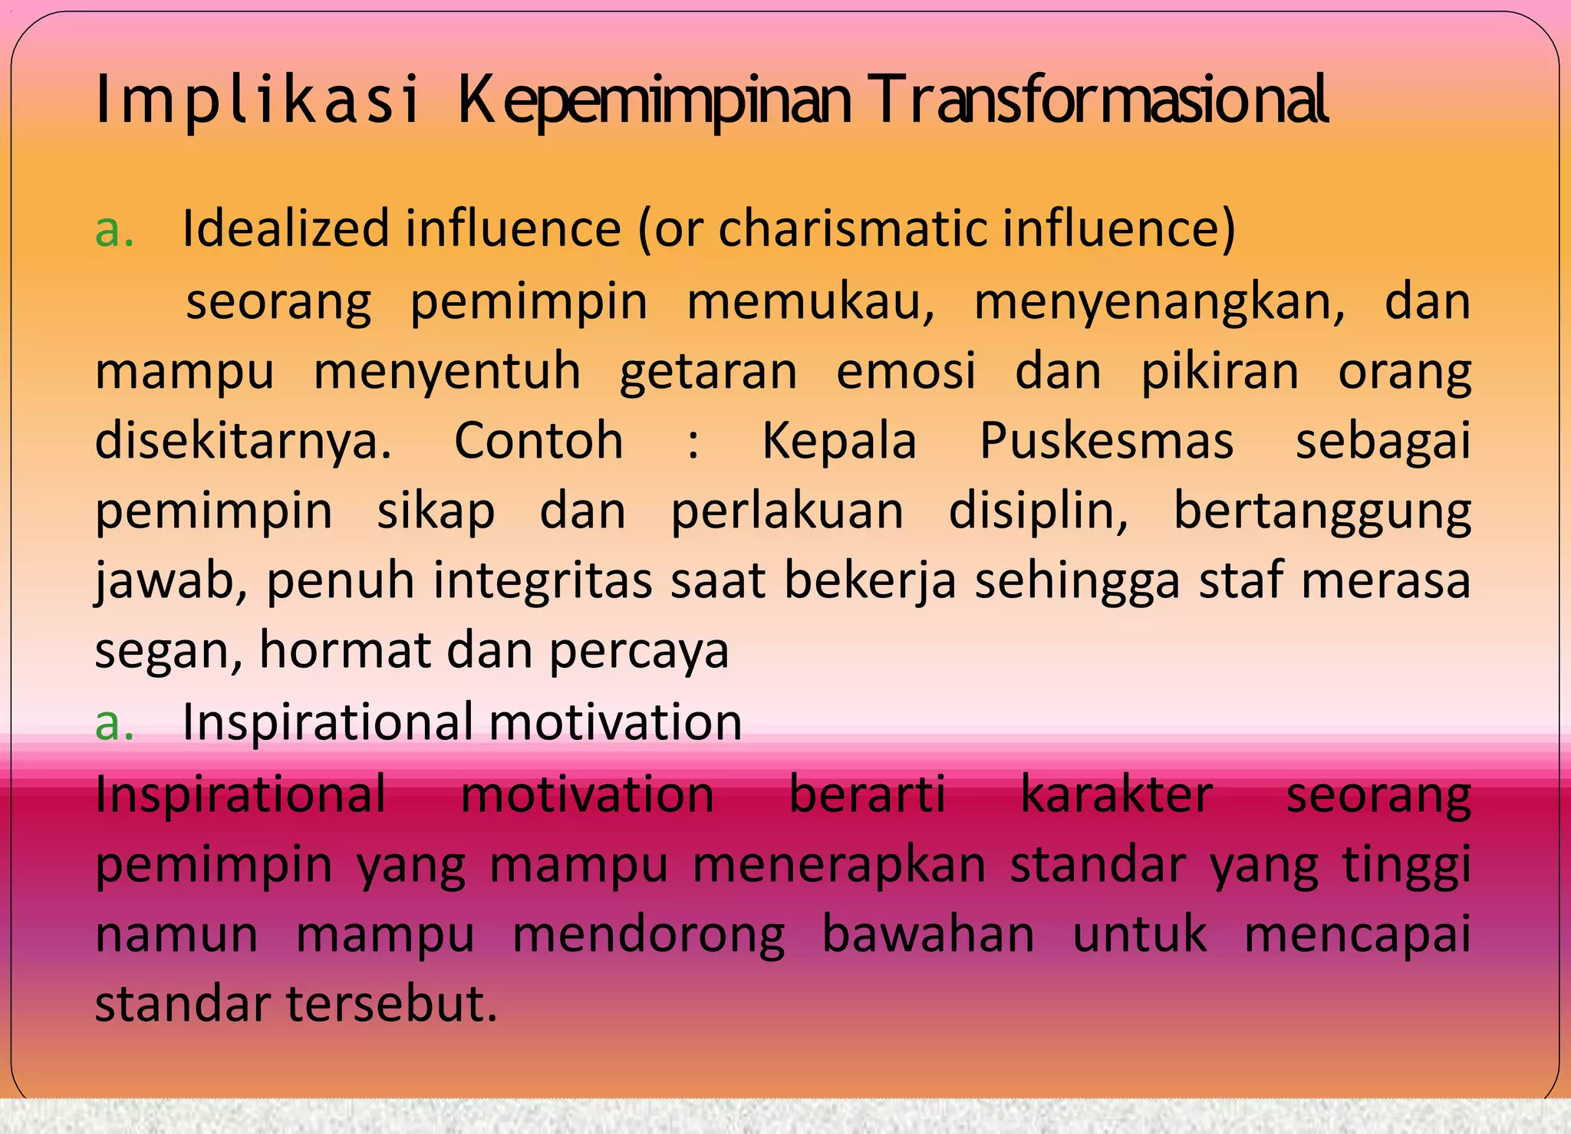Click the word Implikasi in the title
coord(257,100)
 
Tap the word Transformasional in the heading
coord(1101,100)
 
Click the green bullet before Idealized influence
coord(114,230)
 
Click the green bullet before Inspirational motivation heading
coord(114,723)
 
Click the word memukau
coord(810,301)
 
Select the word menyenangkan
coord(1159,302)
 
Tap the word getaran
coord(708,372)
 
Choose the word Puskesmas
coord(1106,442)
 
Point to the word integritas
coord(543,580)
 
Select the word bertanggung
coord(1322,511)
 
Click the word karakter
coord(1116,794)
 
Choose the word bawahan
coord(928,935)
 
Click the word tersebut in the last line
coord(392,1004)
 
